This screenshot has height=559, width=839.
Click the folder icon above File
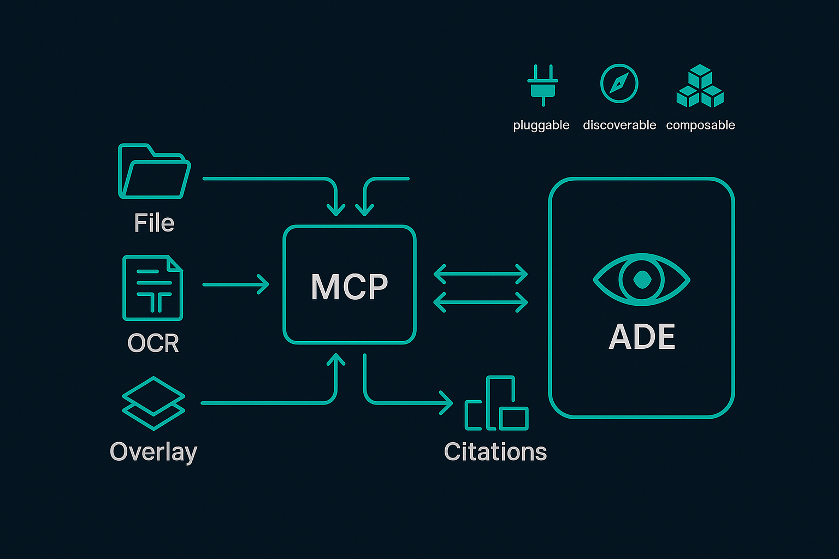[x=154, y=171]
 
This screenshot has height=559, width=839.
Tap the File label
[x=154, y=223]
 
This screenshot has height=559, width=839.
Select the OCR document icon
[x=153, y=288]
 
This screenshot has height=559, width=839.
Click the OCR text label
[x=153, y=343]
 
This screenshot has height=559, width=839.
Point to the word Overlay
[x=153, y=452]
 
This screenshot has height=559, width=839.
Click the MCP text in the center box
[x=350, y=286]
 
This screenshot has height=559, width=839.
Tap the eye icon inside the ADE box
[x=641, y=279]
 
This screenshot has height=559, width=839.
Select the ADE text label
[x=642, y=337]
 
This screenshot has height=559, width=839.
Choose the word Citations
[x=495, y=452]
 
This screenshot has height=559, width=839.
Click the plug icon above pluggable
[x=542, y=85]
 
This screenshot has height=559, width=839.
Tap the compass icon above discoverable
[x=619, y=84]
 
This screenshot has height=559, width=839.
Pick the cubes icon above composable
[x=700, y=86]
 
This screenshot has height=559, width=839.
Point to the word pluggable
[x=541, y=126]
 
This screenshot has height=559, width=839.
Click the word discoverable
[x=619, y=125]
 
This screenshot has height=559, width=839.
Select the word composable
[x=700, y=125]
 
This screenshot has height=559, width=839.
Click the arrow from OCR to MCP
[x=236, y=284]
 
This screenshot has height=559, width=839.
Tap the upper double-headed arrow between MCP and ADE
[x=481, y=274]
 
